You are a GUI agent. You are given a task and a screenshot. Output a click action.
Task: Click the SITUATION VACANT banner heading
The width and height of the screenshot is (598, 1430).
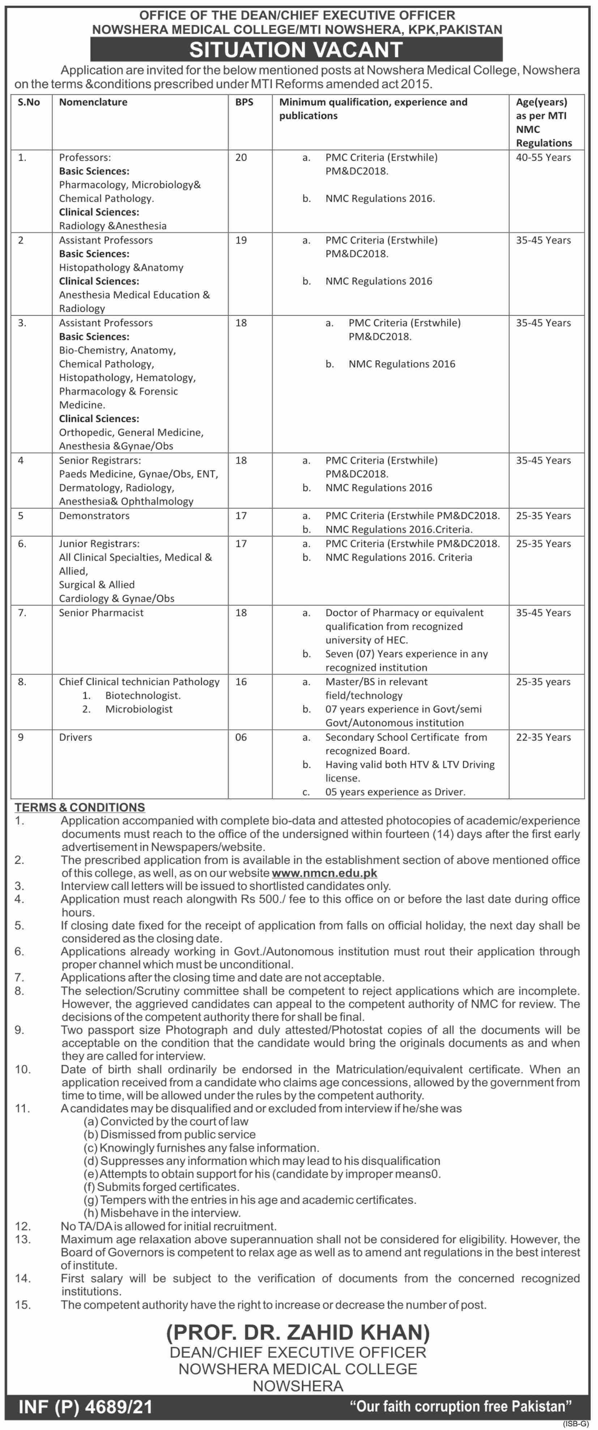[296, 50]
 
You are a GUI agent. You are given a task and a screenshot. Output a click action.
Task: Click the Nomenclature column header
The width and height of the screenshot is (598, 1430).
[93, 102]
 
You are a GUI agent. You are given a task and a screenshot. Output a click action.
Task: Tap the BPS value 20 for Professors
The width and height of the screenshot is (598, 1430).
[241, 158]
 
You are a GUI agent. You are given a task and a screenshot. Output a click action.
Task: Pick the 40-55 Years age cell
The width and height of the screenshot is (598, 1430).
[543, 158]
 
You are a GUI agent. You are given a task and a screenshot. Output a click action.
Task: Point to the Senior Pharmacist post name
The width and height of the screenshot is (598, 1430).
[101, 613]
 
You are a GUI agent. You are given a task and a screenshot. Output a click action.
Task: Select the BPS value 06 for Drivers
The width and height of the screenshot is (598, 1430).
[241, 737]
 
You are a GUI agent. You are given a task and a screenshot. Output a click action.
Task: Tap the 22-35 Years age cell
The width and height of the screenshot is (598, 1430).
[543, 737]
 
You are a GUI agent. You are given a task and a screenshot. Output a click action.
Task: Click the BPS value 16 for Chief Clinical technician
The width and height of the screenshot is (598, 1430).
[241, 682]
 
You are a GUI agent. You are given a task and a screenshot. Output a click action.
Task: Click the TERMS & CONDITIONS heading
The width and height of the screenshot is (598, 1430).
[80, 808]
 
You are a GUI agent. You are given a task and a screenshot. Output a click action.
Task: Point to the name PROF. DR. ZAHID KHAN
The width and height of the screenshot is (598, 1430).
[298, 1332]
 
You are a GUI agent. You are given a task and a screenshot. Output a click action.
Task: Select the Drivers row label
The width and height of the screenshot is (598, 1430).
[76, 737]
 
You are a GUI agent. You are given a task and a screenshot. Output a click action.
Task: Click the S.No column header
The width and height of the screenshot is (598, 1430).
[29, 102]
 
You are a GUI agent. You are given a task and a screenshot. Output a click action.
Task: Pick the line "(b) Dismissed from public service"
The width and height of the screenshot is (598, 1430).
[170, 1135]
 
